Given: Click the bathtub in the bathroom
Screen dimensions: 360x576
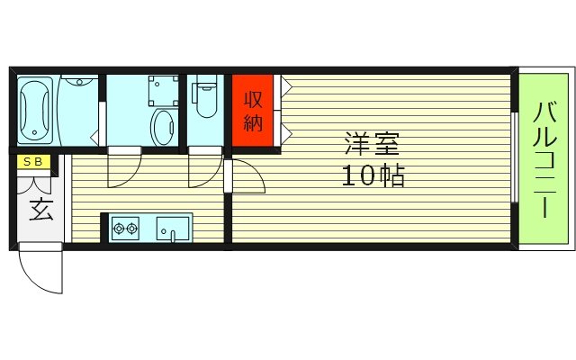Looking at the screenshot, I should pos(35,112).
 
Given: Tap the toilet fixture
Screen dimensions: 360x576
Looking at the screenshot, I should pos(206,99).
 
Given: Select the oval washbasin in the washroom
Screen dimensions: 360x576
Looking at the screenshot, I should pos(164,128).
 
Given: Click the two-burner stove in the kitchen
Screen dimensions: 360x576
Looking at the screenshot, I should pos(125,229).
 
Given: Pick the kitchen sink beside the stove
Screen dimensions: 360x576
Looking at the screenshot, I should pos(173,229).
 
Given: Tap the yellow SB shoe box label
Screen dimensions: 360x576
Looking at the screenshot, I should pos(33,162).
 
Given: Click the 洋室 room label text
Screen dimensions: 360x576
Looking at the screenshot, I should pos(371,144).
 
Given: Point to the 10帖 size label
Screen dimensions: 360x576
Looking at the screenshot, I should pos(371,175).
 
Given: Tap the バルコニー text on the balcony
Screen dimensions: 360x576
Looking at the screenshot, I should pos(544,160).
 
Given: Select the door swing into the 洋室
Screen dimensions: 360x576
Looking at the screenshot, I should pos(247,178).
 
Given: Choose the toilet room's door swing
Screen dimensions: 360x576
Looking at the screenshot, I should pos(204,167).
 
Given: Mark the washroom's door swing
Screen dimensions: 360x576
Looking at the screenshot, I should pos(123,167).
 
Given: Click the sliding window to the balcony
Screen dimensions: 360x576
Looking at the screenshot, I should pos(515,157).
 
